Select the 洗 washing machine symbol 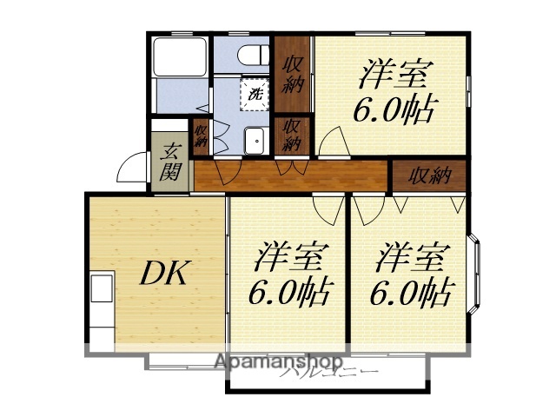point(255,93)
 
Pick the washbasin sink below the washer point(255,141)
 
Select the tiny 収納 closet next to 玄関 point(201,137)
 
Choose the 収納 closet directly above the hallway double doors point(290,135)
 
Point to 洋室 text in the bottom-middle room point(290,258)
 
